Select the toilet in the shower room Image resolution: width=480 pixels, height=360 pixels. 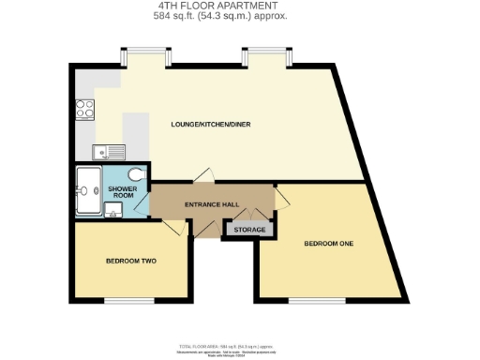[x=137, y=174]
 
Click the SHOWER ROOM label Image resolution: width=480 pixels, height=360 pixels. [x=122, y=192]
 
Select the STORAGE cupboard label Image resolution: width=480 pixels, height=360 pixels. [x=249, y=230]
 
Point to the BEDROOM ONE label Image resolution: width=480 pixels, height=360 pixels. [x=328, y=245]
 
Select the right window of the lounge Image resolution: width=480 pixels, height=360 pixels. [x=268, y=56]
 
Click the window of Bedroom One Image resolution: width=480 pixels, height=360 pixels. [x=309, y=300]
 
